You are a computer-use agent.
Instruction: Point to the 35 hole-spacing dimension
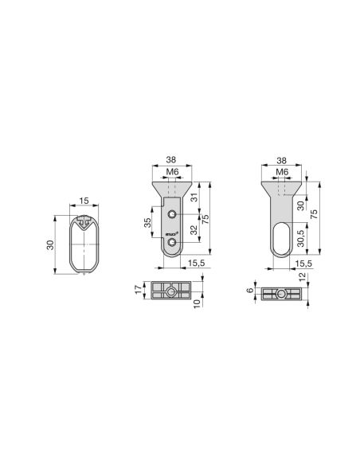coord(147,225)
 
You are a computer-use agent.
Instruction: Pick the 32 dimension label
coord(196,234)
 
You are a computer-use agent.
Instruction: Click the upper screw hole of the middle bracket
coord(172,214)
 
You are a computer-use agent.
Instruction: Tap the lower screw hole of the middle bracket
coord(172,242)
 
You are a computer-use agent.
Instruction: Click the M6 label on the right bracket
coord(281,173)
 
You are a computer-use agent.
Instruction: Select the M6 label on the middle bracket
coord(170,173)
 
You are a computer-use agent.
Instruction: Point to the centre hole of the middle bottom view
coord(172,291)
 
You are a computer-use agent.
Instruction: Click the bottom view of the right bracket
coord(280,293)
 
